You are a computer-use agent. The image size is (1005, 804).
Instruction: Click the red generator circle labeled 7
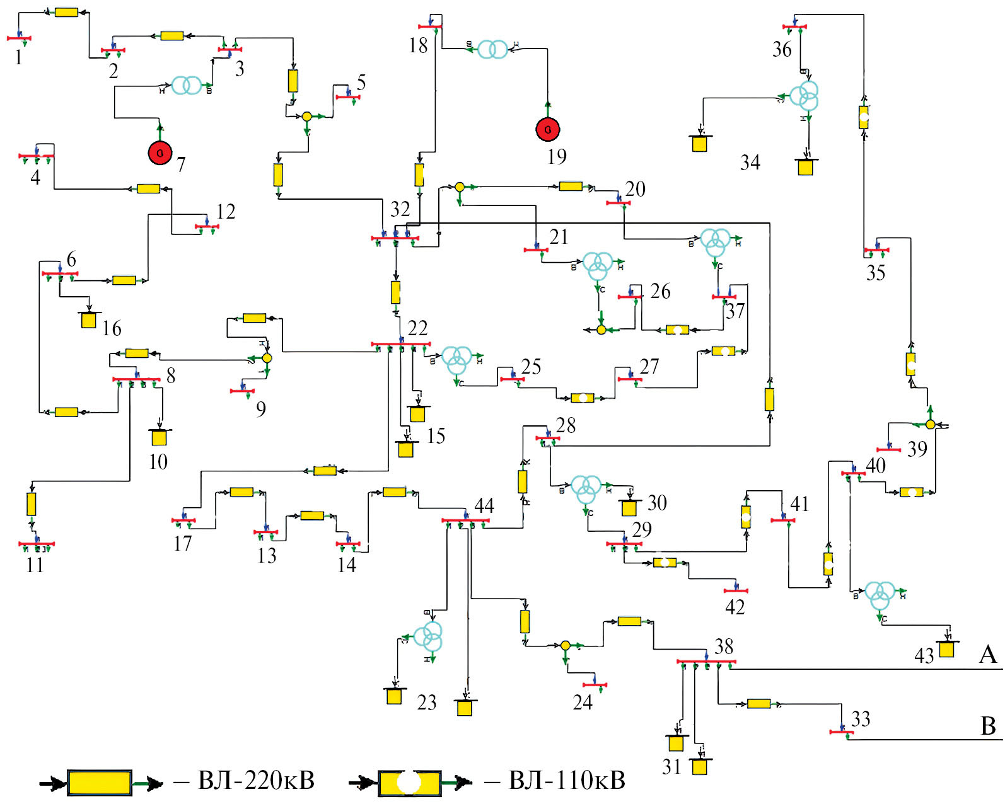[x=160, y=152]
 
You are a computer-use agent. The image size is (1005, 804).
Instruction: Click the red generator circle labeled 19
[x=548, y=130]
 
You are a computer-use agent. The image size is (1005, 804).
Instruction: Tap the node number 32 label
[x=400, y=209]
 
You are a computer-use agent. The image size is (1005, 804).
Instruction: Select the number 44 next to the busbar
[x=484, y=505]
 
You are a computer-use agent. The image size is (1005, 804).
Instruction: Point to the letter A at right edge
[x=988, y=655]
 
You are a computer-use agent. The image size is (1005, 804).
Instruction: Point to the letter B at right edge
[x=989, y=726]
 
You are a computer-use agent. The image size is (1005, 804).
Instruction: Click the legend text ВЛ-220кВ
[x=256, y=781]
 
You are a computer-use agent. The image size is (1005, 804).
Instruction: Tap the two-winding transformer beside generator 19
[x=492, y=49]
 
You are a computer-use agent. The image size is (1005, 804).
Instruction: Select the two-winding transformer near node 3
[x=187, y=85]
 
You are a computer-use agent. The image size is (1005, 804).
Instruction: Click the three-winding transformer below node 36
[x=805, y=95]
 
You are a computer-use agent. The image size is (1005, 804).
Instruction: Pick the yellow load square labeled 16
[x=89, y=320]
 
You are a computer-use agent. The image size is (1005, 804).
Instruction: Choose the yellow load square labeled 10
[x=159, y=437]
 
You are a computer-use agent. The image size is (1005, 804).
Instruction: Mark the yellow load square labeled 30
[x=629, y=507]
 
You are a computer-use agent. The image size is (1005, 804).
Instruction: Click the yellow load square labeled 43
[x=946, y=649]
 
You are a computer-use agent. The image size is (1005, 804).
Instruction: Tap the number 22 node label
[x=417, y=328]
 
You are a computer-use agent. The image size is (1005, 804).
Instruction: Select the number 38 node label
[x=724, y=646]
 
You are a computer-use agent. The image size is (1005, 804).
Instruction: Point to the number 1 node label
[x=19, y=58]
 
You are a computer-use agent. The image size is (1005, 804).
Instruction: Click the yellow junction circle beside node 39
[x=931, y=424]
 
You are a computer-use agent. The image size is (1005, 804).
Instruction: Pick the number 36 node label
[x=782, y=49]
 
